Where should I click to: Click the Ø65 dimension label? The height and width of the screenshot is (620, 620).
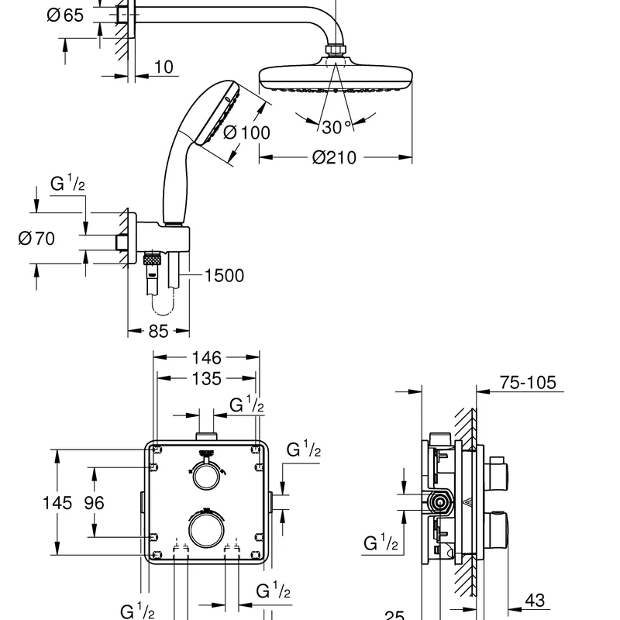pyautogui.click(x=65, y=15)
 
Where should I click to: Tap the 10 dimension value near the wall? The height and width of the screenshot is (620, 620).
pyautogui.click(x=163, y=67)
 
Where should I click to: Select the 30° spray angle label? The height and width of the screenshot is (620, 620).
pyautogui.click(x=336, y=127)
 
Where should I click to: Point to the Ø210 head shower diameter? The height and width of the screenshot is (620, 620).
pyautogui.click(x=334, y=157)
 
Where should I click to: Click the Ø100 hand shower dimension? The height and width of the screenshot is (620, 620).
pyautogui.click(x=246, y=133)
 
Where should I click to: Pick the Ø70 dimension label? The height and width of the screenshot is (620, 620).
pyautogui.click(x=36, y=239)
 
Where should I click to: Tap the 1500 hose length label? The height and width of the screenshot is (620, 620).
pyautogui.click(x=224, y=276)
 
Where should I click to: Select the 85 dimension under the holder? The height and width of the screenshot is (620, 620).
pyautogui.click(x=158, y=331)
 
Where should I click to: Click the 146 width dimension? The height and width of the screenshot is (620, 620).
pyautogui.click(x=206, y=358)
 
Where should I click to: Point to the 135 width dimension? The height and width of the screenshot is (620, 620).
pyautogui.click(x=206, y=379)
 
